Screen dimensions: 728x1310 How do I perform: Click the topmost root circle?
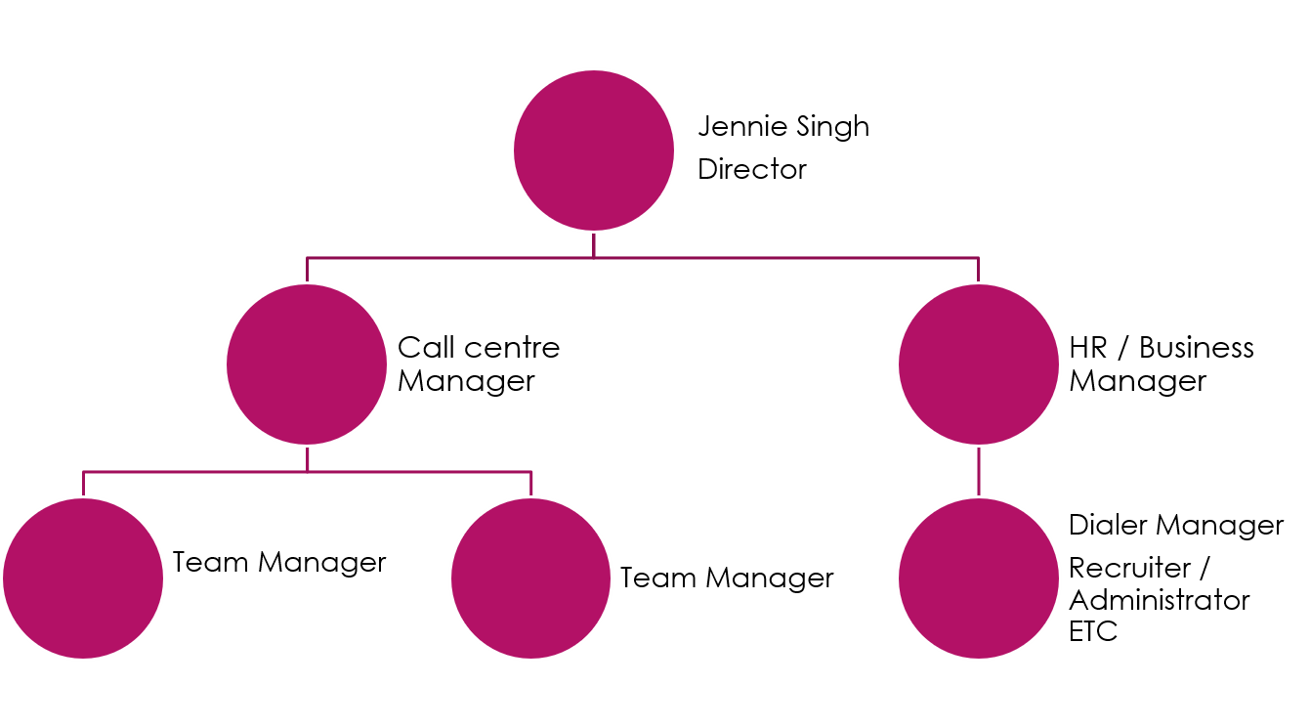(594, 150)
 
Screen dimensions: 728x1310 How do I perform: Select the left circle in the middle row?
(307, 364)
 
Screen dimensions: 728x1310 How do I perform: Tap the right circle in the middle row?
(979, 364)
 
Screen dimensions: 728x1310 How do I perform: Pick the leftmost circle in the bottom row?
(83, 578)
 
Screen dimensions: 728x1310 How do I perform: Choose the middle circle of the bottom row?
(531, 578)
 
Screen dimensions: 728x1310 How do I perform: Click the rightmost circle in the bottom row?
(979, 578)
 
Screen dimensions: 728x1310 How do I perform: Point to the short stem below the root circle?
(594, 244)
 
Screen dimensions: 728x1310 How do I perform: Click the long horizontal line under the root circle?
(782, 258)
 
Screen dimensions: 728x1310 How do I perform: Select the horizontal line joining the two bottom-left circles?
(420, 472)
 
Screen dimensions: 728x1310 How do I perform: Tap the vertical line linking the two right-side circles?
(979, 471)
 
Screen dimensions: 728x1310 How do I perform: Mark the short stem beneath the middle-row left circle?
(307, 459)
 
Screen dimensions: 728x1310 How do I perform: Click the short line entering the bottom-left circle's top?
(83, 485)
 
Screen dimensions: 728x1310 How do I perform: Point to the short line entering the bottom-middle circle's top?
(531, 485)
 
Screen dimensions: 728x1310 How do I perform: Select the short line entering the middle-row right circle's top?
(979, 271)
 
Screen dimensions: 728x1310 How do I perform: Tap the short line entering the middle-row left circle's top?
(307, 271)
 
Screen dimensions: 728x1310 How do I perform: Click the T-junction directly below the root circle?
(594, 258)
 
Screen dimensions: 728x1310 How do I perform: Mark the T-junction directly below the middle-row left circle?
(307, 472)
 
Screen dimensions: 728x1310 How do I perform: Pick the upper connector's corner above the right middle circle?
(979, 258)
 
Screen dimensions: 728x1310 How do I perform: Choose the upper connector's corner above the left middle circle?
(307, 258)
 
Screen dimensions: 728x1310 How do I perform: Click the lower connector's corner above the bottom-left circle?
(83, 472)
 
